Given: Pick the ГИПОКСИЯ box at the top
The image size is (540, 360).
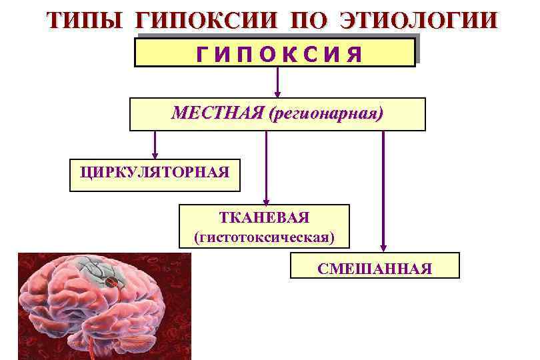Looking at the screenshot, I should [275, 53].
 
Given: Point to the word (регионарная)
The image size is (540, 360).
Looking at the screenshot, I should [326, 113].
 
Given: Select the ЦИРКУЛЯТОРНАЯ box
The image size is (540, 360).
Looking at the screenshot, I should [154, 174].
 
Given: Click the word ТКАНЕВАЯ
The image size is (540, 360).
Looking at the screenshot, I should [264, 218].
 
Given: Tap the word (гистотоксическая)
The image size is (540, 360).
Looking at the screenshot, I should [264, 236].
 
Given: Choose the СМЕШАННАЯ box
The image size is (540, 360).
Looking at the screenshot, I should [375, 269].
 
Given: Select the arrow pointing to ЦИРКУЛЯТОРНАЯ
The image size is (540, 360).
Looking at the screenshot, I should [155, 143].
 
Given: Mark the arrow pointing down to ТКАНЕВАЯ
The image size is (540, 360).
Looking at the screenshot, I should [267, 167].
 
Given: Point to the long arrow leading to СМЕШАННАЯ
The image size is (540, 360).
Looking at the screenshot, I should [383, 187].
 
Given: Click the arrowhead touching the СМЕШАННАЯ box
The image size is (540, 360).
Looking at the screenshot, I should [383, 247].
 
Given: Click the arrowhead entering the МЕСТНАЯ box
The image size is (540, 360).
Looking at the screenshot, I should [279, 94].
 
